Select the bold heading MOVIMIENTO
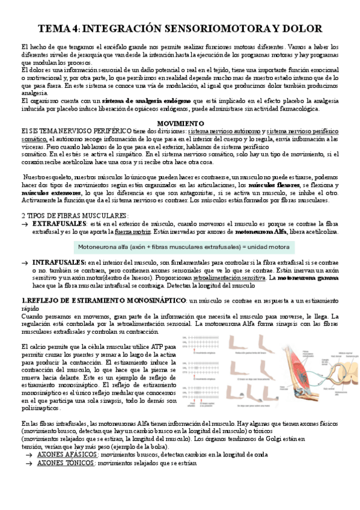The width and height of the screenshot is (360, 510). pos(180,123)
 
